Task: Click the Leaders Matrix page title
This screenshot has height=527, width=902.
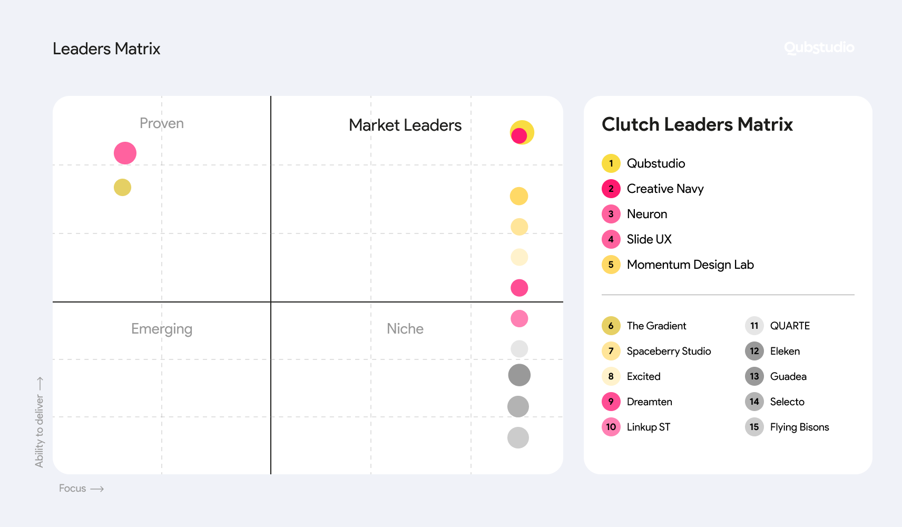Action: (106, 48)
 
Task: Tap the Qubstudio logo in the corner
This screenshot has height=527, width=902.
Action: (819, 47)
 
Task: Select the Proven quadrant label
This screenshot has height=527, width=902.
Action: (162, 123)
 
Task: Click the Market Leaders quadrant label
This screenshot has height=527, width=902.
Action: (405, 125)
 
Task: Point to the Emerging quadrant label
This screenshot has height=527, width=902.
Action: (162, 329)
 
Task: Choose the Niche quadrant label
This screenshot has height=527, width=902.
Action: (405, 329)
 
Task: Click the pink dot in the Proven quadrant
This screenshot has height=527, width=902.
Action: (125, 153)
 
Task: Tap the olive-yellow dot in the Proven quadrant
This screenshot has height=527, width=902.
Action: (122, 187)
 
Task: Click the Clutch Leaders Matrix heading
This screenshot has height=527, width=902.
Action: (697, 124)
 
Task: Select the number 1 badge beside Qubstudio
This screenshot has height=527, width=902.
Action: (611, 163)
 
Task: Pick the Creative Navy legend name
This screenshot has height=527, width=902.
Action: (665, 189)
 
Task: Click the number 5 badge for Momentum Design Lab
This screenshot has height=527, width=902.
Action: (611, 265)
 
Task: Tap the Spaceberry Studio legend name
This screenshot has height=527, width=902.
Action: (669, 351)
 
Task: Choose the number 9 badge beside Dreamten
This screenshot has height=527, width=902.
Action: (611, 402)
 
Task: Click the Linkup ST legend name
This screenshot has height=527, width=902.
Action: (648, 427)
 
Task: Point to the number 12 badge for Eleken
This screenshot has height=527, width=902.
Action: (754, 351)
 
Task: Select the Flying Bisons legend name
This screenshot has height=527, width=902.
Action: (799, 427)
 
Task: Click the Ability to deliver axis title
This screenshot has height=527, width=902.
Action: (40, 431)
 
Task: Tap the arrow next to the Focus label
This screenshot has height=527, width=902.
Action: (97, 489)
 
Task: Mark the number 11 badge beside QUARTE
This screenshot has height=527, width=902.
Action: (754, 326)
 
